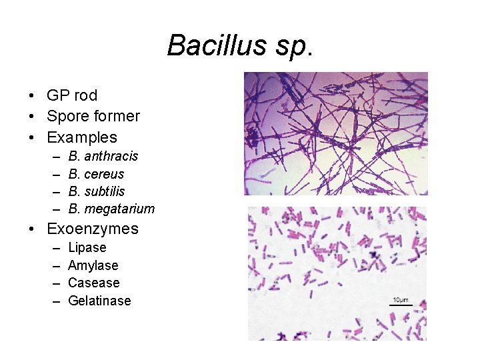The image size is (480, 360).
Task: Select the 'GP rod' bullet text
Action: coord(72,96)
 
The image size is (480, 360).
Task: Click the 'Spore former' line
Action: coord(93,117)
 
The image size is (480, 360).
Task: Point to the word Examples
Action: coord(82,138)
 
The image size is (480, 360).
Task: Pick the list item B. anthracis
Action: coord(103,156)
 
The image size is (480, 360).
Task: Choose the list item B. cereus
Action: coord(96,174)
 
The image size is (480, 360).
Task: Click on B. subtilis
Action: coord(97,191)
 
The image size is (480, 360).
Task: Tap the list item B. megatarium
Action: coord(111,209)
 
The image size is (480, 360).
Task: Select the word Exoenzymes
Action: coord(93,229)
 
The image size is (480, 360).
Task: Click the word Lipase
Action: coord(87,248)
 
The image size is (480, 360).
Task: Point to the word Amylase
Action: coord(93,265)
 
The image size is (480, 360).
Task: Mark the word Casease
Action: coord(94,283)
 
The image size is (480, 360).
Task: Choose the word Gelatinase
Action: coord(100,301)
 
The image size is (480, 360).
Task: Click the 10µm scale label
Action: coord(400,300)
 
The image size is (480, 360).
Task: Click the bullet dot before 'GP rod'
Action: coord(33,96)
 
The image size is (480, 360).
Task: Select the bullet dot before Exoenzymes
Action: coord(33,229)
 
